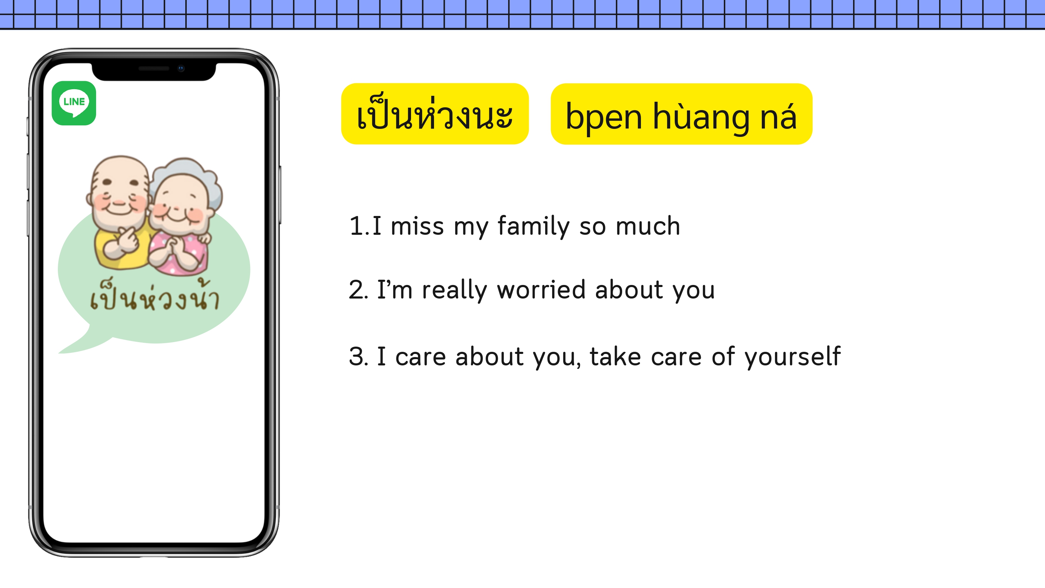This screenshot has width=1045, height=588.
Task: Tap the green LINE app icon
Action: tap(74, 103)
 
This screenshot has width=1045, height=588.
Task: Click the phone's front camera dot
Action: tap(181, 68)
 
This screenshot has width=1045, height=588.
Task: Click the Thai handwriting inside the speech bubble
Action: tap(155, 296)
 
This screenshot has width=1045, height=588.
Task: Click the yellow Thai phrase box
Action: tap(435, 114)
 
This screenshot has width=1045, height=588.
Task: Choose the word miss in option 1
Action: tap(417, 226)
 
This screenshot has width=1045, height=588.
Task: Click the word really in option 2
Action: tap(454, 291)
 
